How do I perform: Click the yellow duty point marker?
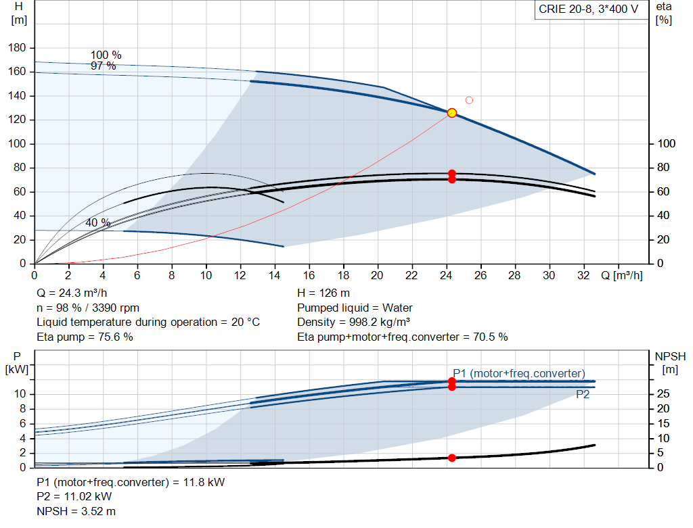click(x=451, y=113)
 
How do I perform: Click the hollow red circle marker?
click(x=469, y=100)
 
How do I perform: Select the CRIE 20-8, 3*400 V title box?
click(x=588, y=9)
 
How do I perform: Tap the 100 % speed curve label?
click(x=106, y=55)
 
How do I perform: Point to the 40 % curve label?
click(x=97, y=222)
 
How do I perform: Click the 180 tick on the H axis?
click(x=17, y=48)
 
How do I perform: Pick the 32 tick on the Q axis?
click(x=583, y=275)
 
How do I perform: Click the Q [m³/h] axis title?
click(x=621, y=275)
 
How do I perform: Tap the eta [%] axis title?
click(x=664, y=14)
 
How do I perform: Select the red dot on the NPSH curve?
click(x=451, y=458)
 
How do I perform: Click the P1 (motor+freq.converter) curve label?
click(x=519, y=373)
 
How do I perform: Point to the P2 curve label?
click(x=583, y=394)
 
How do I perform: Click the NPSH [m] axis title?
click(x=670, y=363)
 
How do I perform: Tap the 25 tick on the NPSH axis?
click(x=663, y=393)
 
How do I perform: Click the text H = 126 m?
click(x=323, y=293)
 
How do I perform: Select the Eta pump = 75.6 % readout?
click(x=85, y=337)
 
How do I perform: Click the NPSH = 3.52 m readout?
click(x=76, y=511)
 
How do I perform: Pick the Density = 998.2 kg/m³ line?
click(x=353, y=322)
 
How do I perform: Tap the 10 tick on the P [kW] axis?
click(x=20, y=393)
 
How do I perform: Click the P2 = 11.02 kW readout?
click(x=74, y=497)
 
